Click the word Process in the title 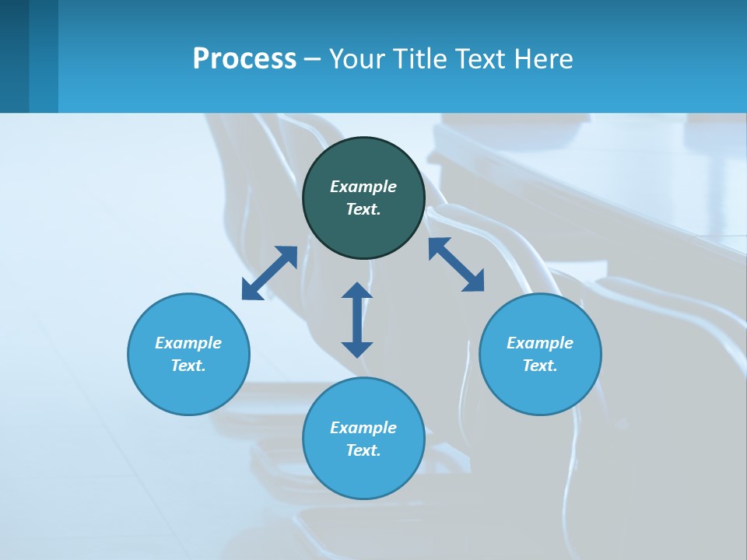[244, 59]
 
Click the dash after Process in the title [312, 60]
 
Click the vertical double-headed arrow [357, 320]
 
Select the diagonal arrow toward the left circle [269, 273]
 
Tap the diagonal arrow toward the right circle [456, 264]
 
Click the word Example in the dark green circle [363, 187]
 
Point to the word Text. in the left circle [188, 366]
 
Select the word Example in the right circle [540, 343]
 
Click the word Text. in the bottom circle [363, 450]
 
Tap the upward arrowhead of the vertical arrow [357, 290]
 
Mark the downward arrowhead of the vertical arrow [357, 349]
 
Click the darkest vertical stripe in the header [14, 56]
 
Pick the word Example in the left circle [188, 343]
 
